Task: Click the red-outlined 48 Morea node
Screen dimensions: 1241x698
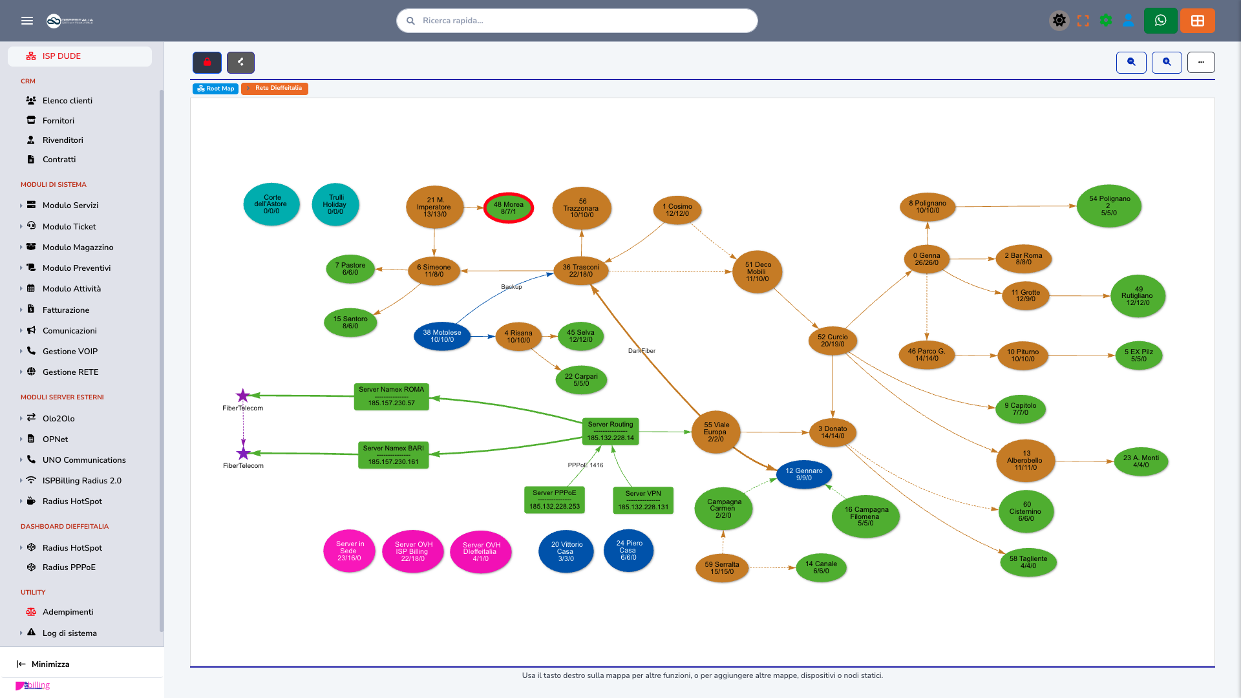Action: tap(509, 208)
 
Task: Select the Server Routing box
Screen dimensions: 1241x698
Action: tap(610, 432)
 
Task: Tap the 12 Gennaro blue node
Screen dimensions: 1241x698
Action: tap(804, 474)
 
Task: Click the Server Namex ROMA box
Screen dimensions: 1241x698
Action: tap(392, 397)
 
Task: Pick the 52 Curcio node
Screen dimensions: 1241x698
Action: tap(833, 341)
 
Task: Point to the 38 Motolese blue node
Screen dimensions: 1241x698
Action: tap(442, 336)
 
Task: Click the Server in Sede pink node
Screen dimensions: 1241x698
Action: tap(349, 551)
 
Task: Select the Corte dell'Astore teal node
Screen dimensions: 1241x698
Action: tap(271, 204)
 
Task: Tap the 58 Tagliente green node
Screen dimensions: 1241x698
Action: tap(1028, 562)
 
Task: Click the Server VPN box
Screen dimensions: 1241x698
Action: tap(643, 500)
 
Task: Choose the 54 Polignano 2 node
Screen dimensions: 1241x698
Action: tap(1109, 206)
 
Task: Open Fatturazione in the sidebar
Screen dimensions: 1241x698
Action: tap(66, 310)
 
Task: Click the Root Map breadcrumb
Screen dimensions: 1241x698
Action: tap(215, 89)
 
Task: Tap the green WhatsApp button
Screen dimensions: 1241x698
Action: tap(1160, 21)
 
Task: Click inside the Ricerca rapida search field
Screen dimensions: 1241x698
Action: tap(577, 21)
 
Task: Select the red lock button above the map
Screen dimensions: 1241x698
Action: tap(207, 63)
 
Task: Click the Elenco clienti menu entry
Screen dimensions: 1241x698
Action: tap(67, 101)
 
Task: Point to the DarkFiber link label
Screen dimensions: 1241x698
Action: tap(642, 351)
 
